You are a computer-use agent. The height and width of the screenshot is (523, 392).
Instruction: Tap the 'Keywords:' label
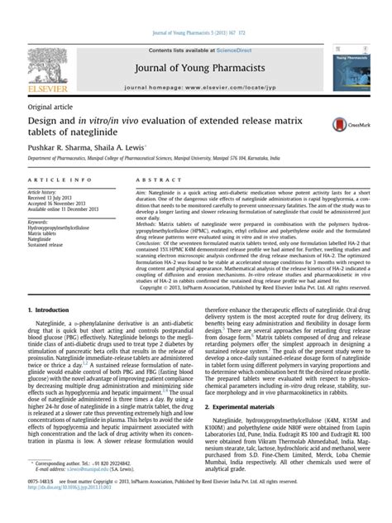(x=40, y=223)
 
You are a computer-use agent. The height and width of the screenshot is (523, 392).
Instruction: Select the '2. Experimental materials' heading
(x=246, y=407)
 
